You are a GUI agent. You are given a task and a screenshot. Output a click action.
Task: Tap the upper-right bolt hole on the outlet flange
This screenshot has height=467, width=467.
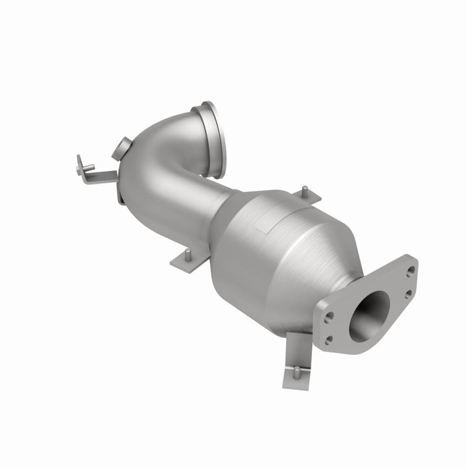411,270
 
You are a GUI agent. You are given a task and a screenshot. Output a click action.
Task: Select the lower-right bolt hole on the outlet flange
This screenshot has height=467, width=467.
407,294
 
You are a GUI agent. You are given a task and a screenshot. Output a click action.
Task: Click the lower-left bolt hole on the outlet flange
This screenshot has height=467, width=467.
328,339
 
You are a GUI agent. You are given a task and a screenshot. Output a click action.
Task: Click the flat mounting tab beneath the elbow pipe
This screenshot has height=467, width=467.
189,261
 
